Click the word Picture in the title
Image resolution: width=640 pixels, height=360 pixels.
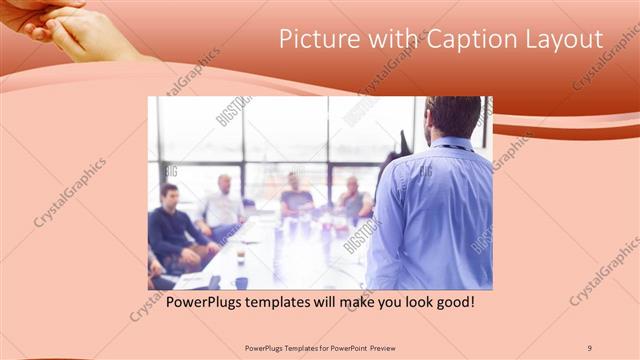[x=313, y=40]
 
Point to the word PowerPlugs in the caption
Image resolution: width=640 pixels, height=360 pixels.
[x=204, y=300]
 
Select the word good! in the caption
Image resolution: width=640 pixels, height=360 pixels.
[x=450, y=300]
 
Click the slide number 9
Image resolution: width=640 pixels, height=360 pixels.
[x=589, y=347]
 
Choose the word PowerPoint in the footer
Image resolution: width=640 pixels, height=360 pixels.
[x=339, y=347]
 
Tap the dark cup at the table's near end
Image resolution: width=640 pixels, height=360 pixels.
[x=241, y=282]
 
